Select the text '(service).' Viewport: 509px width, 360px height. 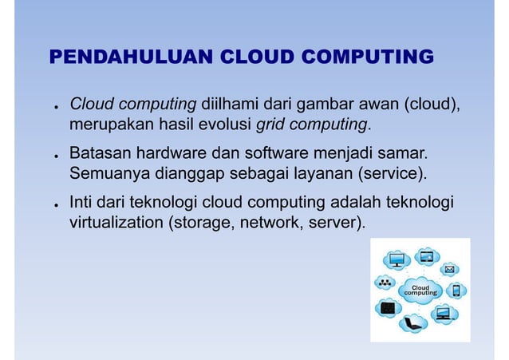click(x=393, y=173)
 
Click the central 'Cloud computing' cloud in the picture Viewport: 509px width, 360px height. click(x=420, y=290)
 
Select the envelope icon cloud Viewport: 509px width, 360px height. click(x=450, y=268)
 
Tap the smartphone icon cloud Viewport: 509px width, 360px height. click(x=456, y=291)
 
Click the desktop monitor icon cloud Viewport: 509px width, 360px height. click(x=397, y=259)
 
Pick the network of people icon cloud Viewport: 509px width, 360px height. click(x=386, y=283)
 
